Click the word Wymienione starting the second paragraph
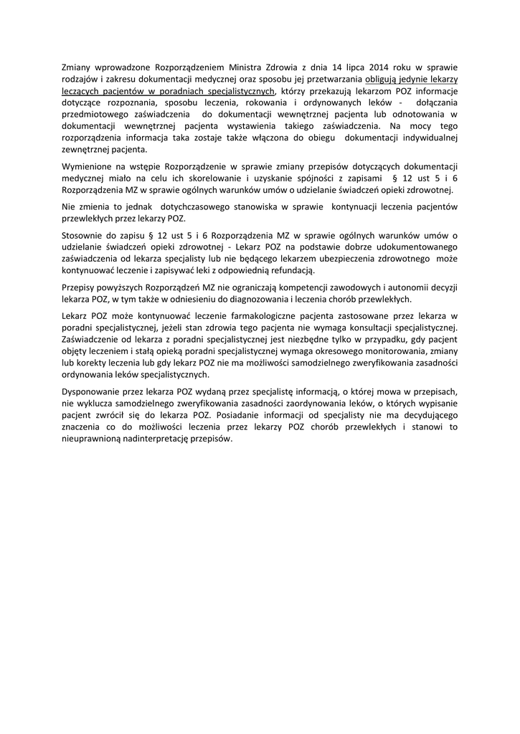(x=88, y=167)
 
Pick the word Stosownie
(x=83, y=236)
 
